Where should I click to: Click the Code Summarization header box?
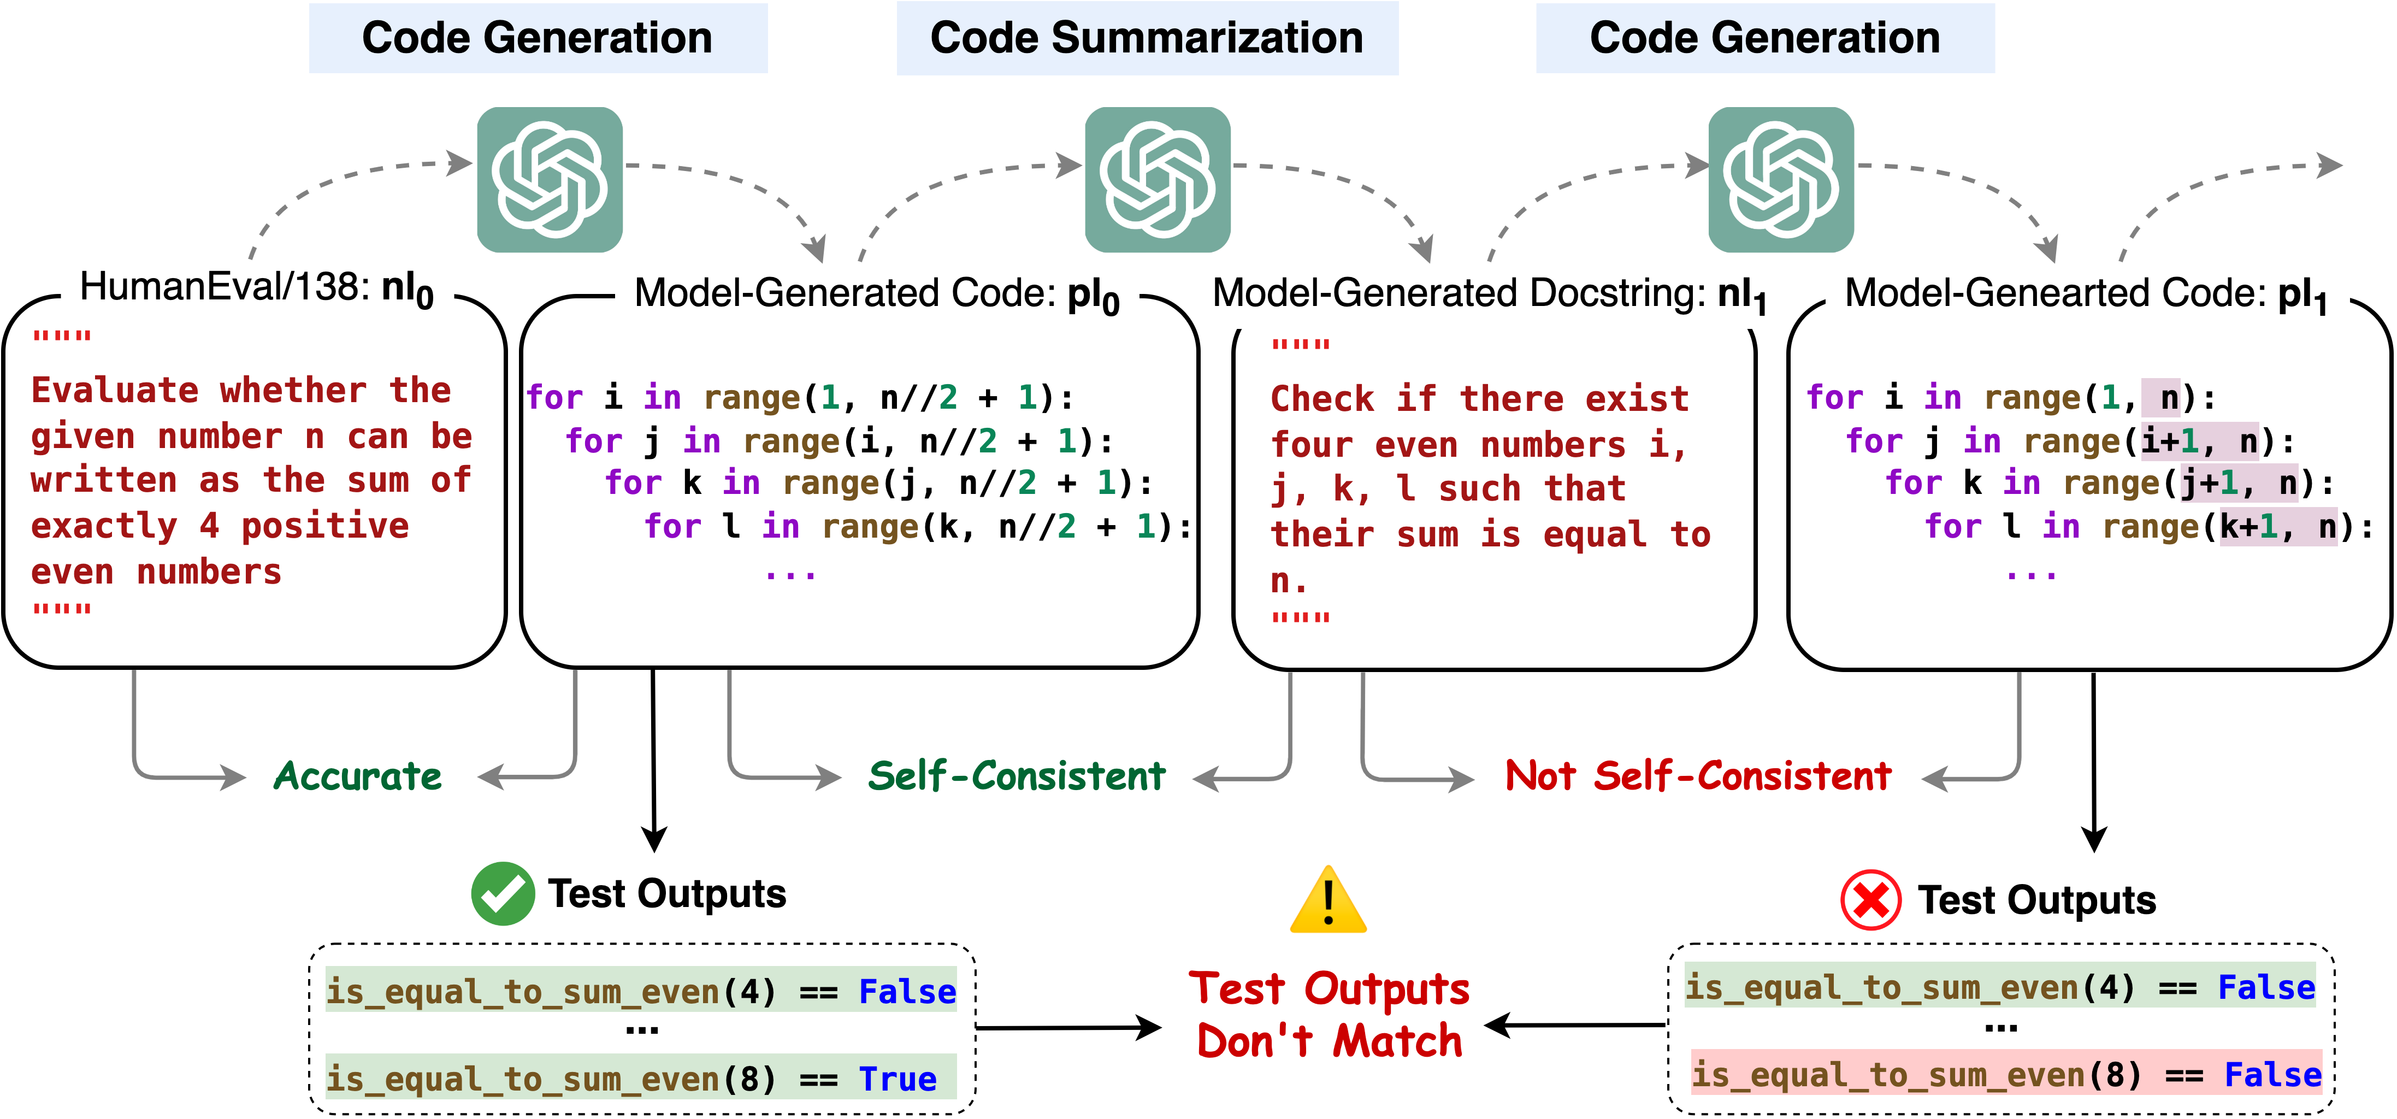point(1147,38)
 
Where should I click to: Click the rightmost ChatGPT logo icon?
point(1780,180)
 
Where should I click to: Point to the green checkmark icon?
point(503,894)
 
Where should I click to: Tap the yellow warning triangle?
point(1328,901)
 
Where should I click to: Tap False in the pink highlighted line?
point(2272,1075)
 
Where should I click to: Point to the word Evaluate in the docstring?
point(115,390)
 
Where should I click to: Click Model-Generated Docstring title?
point(1489,294)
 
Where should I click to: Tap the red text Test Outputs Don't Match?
point(1329,1015)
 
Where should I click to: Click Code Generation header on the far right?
point(1764,38)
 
